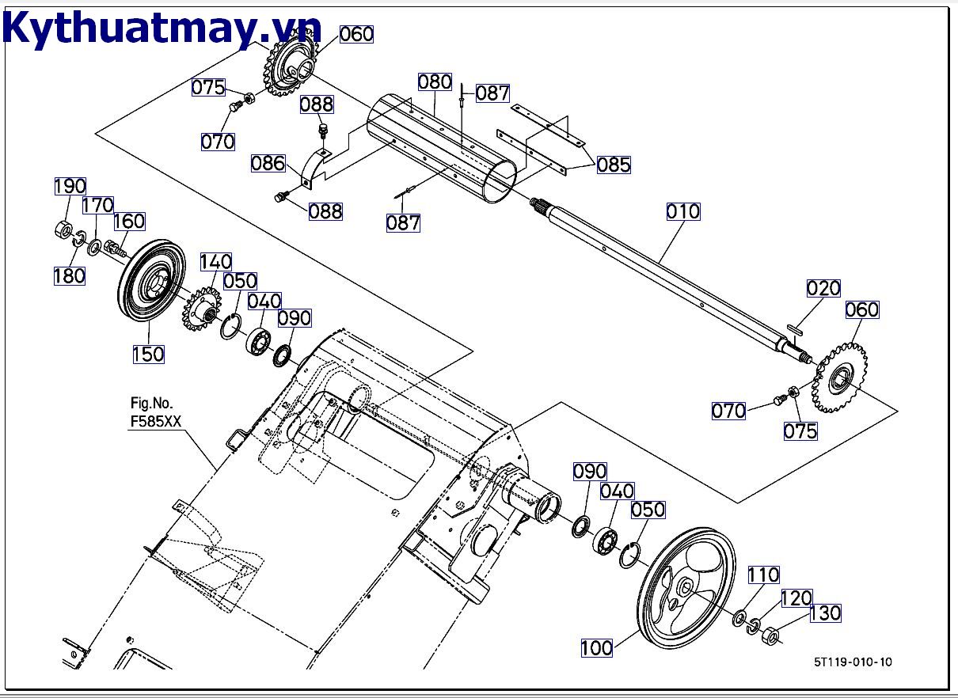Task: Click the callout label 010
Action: click(682, 211)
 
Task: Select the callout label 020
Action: click(823, 289)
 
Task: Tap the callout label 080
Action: click(435, 82)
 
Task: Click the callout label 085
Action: click(614, 165)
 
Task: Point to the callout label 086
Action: click(268, 163)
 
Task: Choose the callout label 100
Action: click(596, 647)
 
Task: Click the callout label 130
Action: click(824, 613)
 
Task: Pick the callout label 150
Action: click(148, 353)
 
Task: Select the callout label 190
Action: click(70, 187)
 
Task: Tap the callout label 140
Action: click(215, 262)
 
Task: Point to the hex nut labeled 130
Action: click(770, 634)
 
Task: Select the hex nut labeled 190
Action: click(59, 230)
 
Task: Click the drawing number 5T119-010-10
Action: click(851, 662)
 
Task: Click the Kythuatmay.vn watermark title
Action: click(162, 29)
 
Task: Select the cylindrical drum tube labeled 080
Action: click(439, 146)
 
